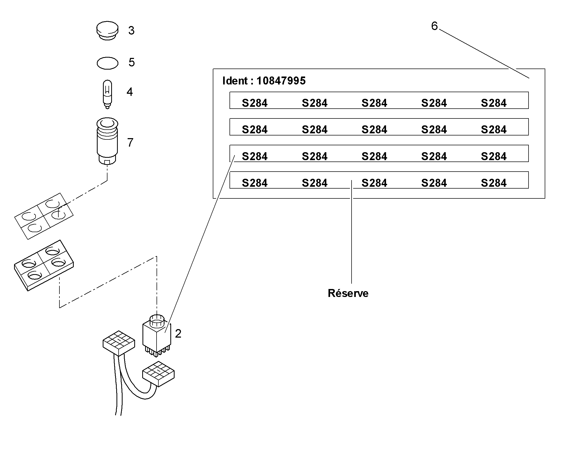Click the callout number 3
[131, 31]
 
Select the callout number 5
[132, 62]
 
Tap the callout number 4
[129, 92]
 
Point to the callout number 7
[130, 143]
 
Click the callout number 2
[178, 334]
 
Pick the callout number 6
[434, 26]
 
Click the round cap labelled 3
[107, 31]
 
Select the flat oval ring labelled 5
[107, 63]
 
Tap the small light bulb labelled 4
[107, 94]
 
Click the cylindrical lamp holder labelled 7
[107, 141]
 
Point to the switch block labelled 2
[157, 336]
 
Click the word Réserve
[348, 293]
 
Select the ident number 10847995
[281, 81]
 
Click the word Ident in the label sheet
[235, 81]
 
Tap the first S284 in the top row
[255, 103]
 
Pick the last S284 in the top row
[494, 103]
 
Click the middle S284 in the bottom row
[374, 183]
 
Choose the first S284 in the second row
[255, 130]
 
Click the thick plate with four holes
[44, 265]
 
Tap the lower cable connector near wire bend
[158, 374]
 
